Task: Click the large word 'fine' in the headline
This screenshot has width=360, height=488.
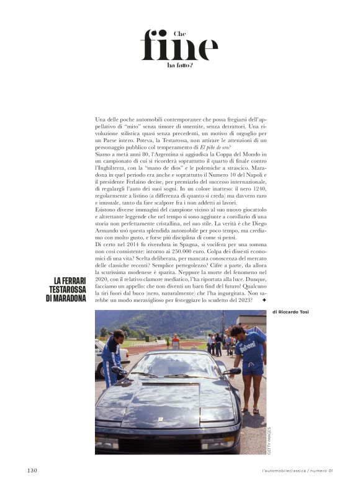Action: [179, 46]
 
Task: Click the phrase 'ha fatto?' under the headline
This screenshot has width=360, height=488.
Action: [180, 64]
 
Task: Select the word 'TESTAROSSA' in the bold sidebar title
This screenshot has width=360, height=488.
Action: [65, 290]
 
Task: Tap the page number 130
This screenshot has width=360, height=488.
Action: [32, 470]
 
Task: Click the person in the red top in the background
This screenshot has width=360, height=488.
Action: [176, 341]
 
